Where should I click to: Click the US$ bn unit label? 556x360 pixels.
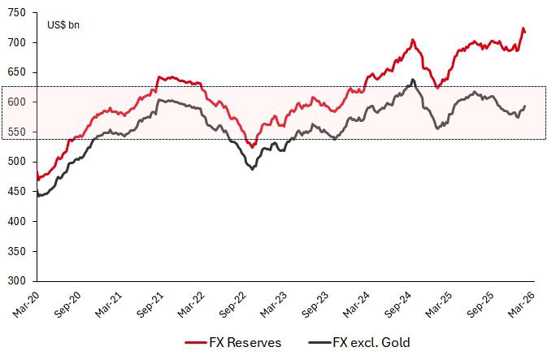(x=63, y=24)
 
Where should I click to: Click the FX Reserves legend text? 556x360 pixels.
(x=245, y=343)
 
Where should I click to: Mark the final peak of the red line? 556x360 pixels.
(x=523, y=28)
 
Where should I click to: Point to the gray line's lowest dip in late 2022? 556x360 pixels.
(x=252, y=169)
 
